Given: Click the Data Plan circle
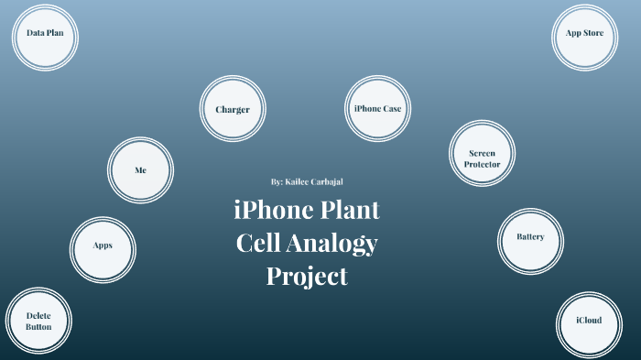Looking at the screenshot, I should (x=44, y=37).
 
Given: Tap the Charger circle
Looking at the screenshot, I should (x=233, y=110).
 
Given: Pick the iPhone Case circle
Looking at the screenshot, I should (x=377, y=109).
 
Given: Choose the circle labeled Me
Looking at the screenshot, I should (x=140, y=170).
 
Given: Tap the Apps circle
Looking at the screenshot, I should (x=103, y=245).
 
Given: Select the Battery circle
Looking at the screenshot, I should (x=530, y=236).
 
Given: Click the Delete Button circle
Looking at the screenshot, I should (x=38, y=321).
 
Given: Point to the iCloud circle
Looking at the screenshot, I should (x=589, y=321).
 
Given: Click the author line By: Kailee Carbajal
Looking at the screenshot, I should (x=308, y=182).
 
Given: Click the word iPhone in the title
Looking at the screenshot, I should (x=272, y=212).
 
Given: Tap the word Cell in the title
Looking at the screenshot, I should (x=260, y=244).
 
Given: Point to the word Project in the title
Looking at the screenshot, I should (x=308, y=275).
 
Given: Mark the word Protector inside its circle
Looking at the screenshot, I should (x=483, y=164).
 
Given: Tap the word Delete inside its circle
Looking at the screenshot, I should (x=38, y=315).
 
